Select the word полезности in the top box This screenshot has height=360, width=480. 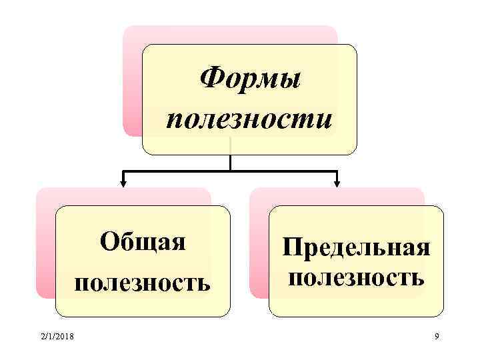point(250,120)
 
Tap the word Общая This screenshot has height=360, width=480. point(143,241)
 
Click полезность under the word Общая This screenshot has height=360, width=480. point(143,284)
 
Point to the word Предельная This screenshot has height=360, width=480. point(356,249)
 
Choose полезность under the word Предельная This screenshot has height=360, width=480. point(356,276)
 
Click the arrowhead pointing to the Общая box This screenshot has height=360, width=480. point(123,180)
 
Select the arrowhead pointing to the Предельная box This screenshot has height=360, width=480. point(337,180)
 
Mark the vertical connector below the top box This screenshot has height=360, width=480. point(230,161)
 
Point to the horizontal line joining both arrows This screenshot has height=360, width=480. point(230,171)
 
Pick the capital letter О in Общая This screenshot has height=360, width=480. point(109,241)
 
